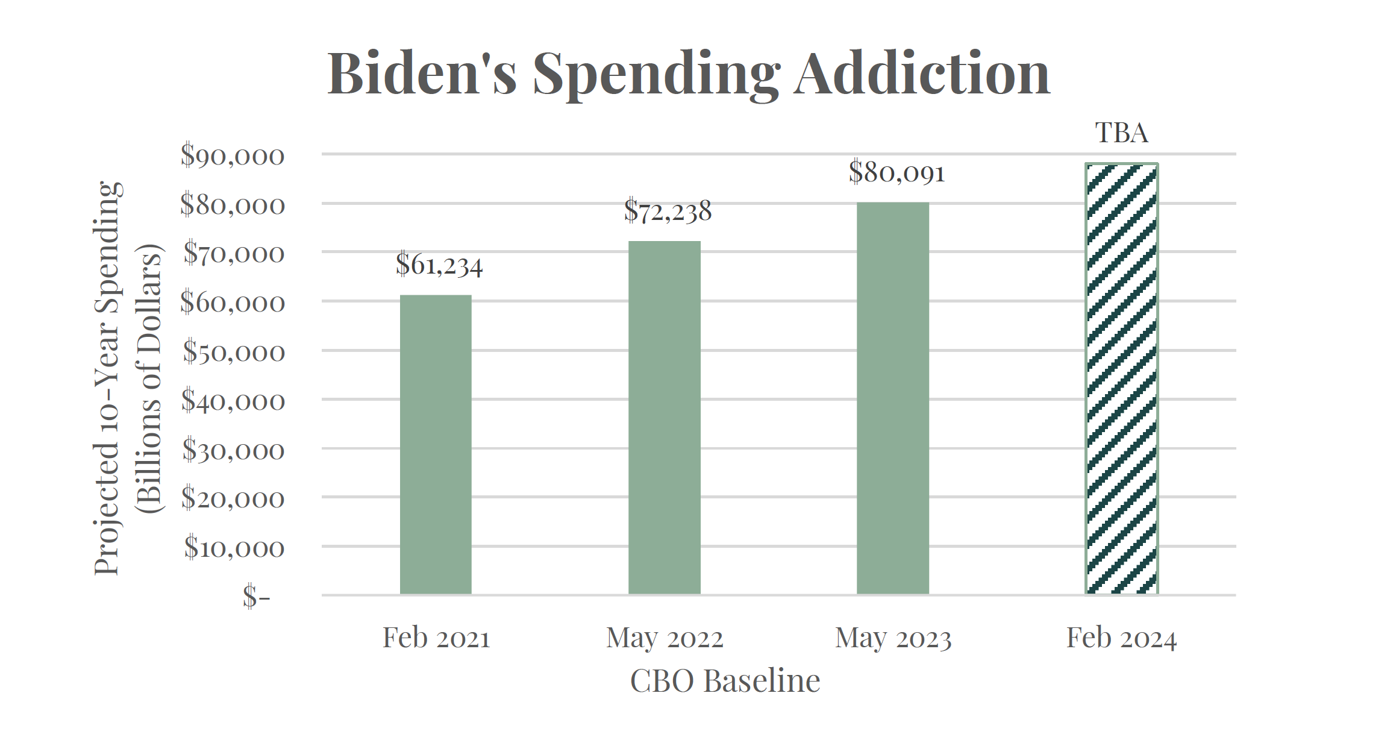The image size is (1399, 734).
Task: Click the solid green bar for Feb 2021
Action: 436,444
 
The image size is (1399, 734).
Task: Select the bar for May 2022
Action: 664,417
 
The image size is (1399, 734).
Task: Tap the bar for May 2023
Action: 892,398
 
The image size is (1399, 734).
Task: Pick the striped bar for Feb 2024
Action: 1121,378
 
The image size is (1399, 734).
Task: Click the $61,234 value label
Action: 439,265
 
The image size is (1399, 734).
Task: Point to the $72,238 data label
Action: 668,212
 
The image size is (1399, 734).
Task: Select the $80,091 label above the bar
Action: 897,173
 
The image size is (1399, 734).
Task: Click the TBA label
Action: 1121,133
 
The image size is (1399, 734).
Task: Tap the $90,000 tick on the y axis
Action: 233,155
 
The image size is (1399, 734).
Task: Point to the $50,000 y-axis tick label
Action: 234,352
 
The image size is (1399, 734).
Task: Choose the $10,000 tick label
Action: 234,548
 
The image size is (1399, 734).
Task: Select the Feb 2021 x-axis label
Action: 436,638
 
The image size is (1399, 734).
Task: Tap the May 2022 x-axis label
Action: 665,638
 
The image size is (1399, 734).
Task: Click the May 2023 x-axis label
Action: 893,638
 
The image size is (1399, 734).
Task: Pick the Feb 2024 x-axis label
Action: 1121,638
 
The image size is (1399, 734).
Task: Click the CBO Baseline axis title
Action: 725,682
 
